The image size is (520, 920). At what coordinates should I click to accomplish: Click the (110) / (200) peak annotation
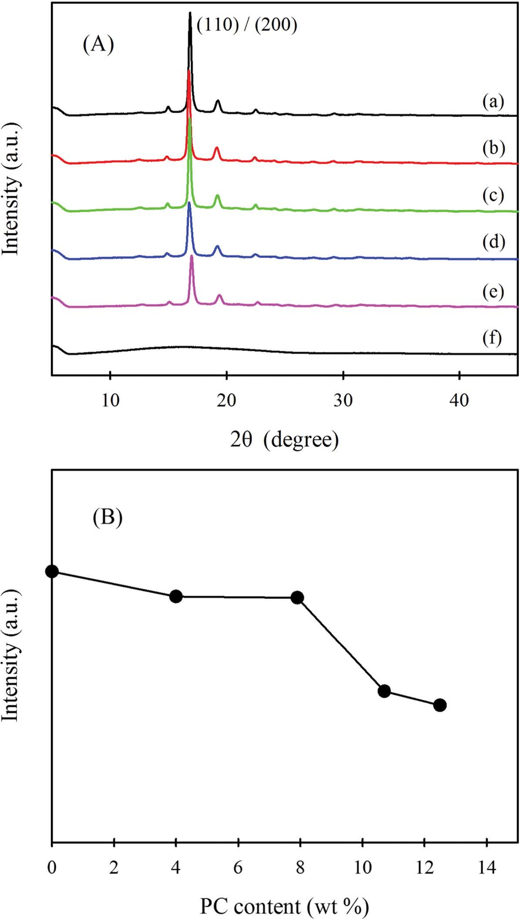point(247,25)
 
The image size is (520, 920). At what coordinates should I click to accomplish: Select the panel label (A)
point(98,44)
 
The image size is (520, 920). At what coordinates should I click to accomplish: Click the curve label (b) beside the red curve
point(493,148)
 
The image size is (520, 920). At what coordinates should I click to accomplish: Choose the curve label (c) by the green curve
point(493,195)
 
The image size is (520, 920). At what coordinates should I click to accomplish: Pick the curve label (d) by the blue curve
point(493,242)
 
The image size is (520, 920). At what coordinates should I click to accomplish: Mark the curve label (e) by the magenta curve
point(493,292)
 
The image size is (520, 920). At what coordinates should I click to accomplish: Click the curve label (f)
point(492,338)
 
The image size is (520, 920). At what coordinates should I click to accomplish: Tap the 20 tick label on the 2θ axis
point(226,400)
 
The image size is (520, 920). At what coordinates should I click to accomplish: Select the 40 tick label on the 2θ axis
point(459,400)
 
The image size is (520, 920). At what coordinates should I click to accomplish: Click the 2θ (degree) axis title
point(284,440)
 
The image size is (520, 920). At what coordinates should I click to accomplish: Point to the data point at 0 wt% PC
point(52,571)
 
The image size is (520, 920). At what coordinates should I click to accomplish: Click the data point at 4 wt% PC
point(176,596)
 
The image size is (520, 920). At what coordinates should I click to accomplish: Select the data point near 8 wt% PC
point(297,598)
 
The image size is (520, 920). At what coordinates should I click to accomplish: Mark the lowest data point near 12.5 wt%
point(440,705)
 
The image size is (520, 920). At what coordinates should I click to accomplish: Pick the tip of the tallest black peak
point(190,13)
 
